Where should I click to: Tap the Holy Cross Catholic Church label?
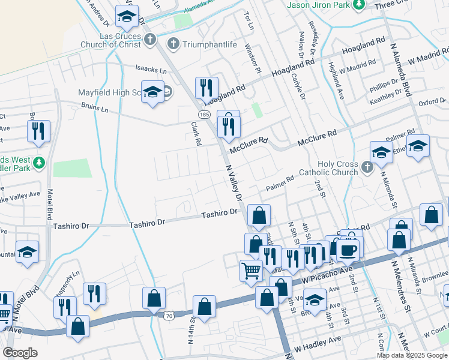coord(337,169)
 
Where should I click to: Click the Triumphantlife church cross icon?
coord(173,43)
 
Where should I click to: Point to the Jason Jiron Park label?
coord(318,5)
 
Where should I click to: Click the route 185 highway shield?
coord(204,114)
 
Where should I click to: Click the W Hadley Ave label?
coord(317,347)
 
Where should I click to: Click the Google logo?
coord(20,353)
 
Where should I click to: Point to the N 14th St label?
coord(190,329)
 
